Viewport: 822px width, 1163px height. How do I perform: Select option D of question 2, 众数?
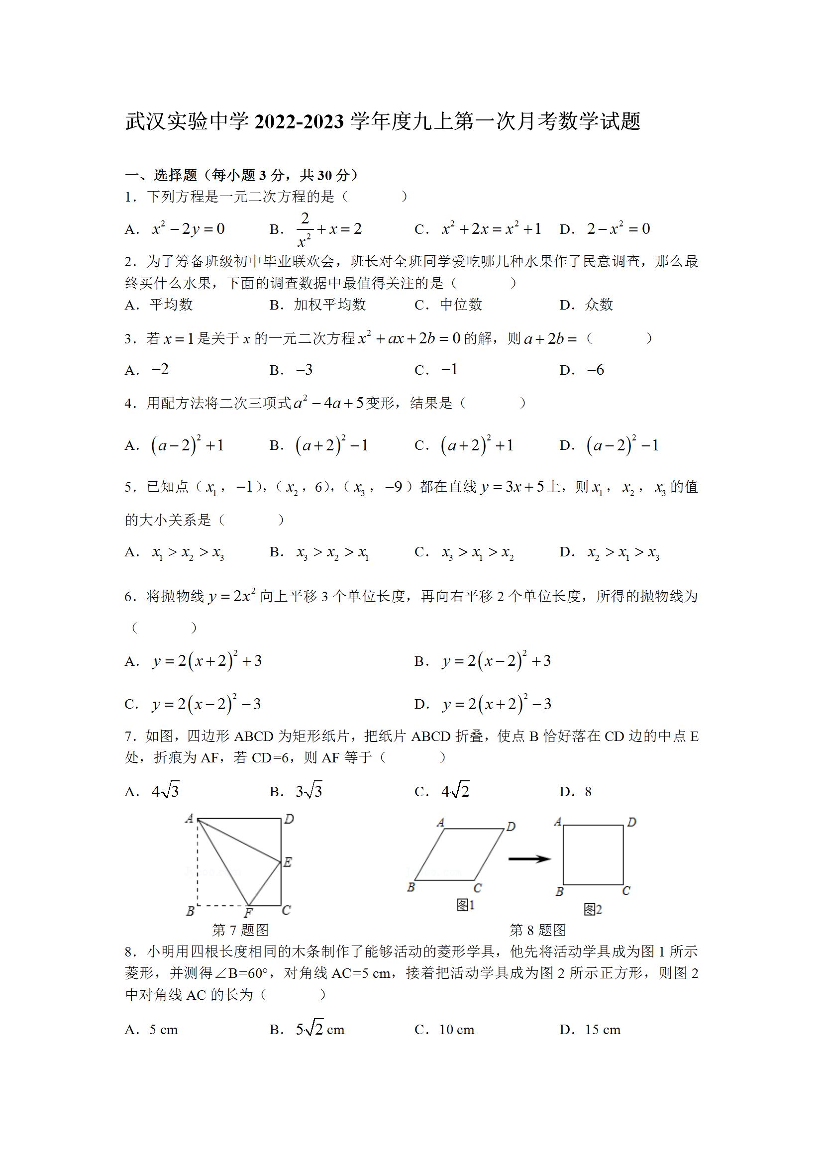coord(599,305)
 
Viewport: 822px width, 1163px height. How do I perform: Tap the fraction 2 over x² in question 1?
coord(305,229)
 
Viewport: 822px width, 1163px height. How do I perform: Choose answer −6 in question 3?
coord(596,370)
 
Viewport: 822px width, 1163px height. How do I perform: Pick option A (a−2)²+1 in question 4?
coord(188,445)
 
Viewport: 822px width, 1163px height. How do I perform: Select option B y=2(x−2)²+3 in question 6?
coord(497,661)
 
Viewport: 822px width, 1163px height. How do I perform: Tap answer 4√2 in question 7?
coord(455,791)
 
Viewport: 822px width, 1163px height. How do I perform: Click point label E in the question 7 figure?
coord(287,861)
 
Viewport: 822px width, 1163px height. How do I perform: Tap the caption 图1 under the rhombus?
coord(465,905)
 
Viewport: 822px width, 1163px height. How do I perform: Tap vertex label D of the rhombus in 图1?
coord(511,827)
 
